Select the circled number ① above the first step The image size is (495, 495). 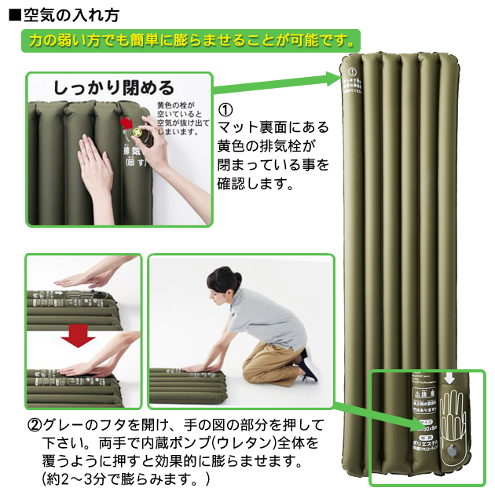(x=225, y=109)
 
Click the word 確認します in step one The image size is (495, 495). (x=255, y=186)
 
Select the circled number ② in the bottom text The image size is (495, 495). (x=35, y=424)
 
